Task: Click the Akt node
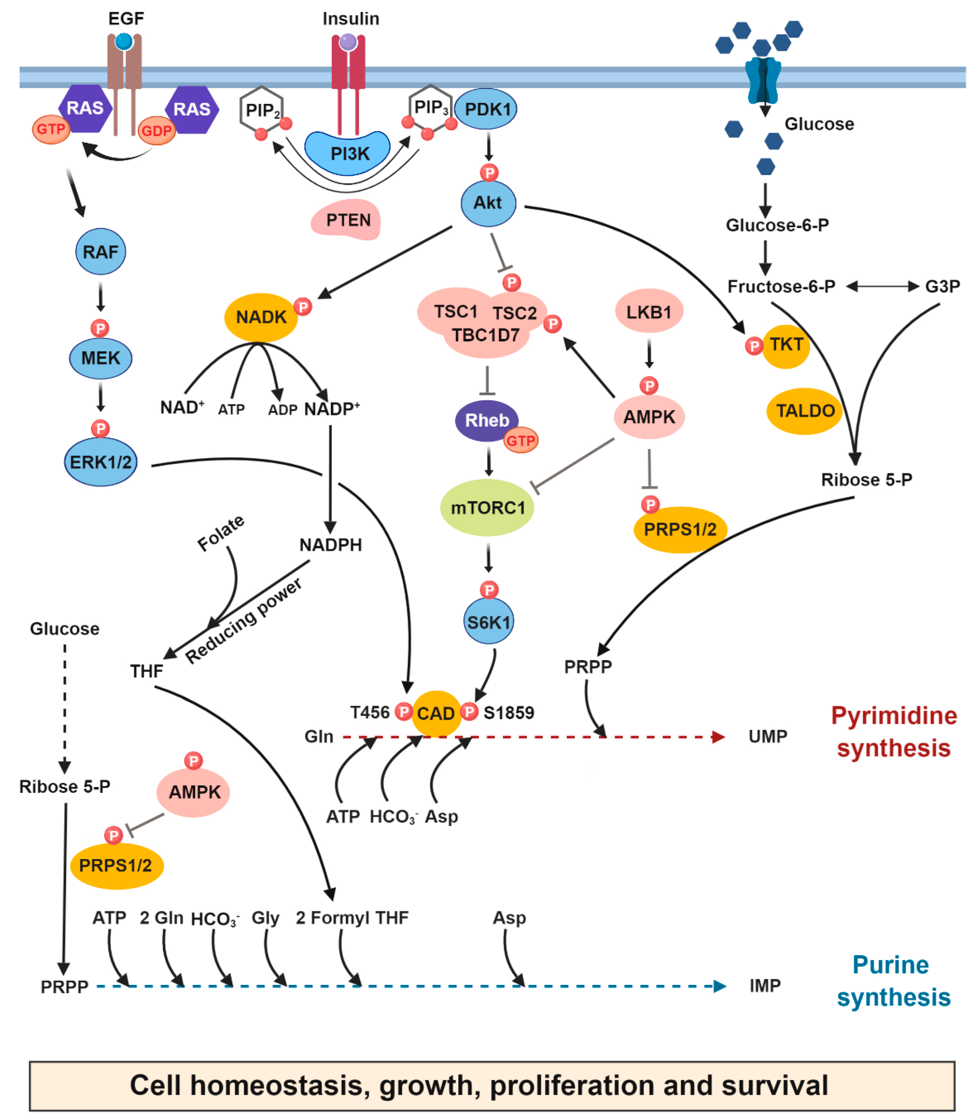[488, 203]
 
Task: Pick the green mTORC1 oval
[487, 508]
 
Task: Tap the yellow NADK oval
[261, 317]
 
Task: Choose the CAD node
[436, 713]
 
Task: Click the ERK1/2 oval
[101, 462]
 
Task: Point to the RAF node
[101, 251]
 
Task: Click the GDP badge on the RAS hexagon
[156, 131]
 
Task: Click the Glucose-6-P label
[777, 225]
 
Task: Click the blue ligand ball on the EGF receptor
[124, 41]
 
